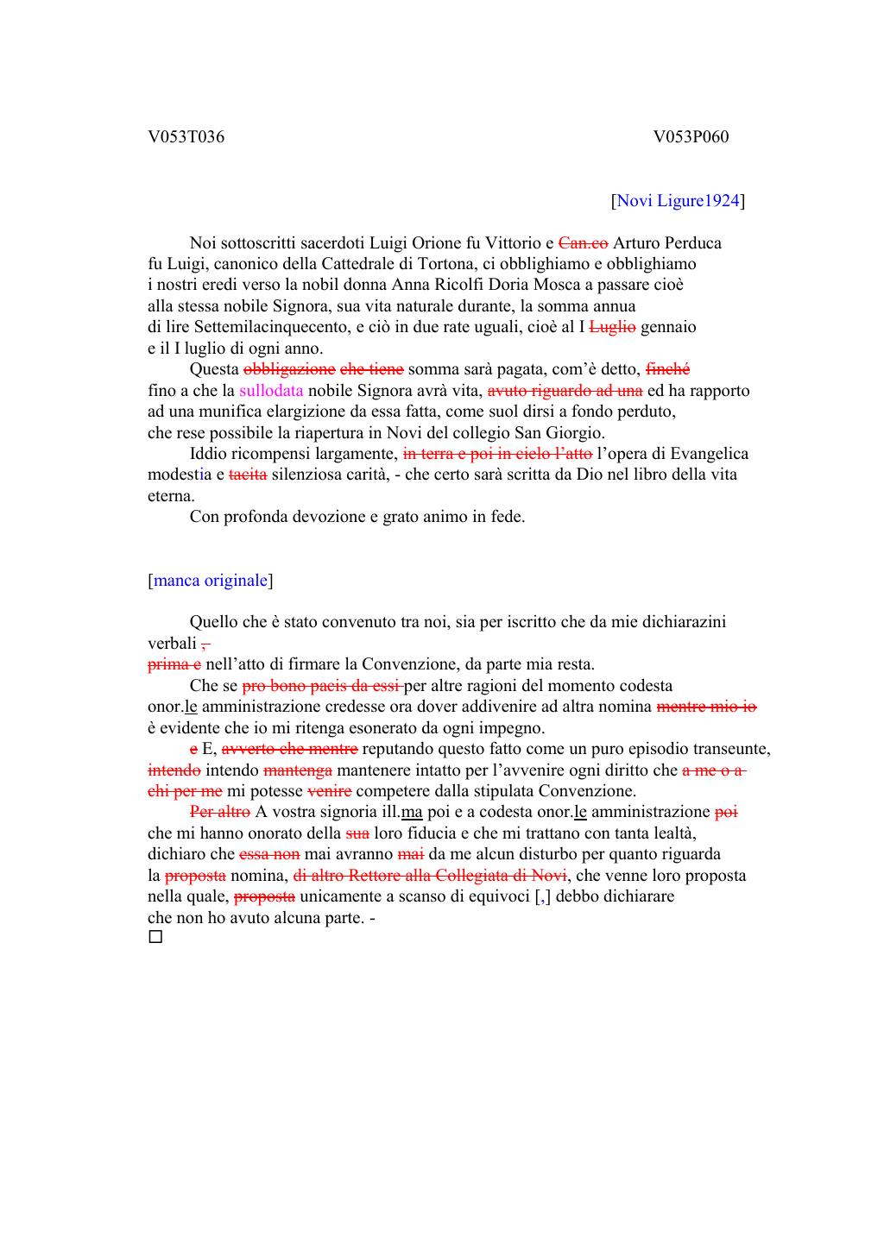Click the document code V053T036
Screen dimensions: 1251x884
pos(186,137)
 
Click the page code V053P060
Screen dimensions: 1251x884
pos(691,137)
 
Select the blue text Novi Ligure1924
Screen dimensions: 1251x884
pos(678,201)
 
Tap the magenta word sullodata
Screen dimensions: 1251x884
pos(271,391)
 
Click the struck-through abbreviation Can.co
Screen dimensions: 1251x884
pos(584,243)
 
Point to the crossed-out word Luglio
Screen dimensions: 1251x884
pos(612,327)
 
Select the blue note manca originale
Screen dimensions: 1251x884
pos(211,581)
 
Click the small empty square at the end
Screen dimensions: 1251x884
pos(155,937)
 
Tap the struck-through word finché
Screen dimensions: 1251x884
pos(667,369)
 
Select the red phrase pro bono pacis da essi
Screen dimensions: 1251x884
pos(321,686)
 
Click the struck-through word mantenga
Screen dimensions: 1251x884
pos(298,770)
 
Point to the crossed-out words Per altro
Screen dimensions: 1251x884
pos(219,812)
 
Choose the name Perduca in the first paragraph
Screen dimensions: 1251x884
pos(691,243)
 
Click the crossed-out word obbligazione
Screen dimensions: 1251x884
pos(290,369)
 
